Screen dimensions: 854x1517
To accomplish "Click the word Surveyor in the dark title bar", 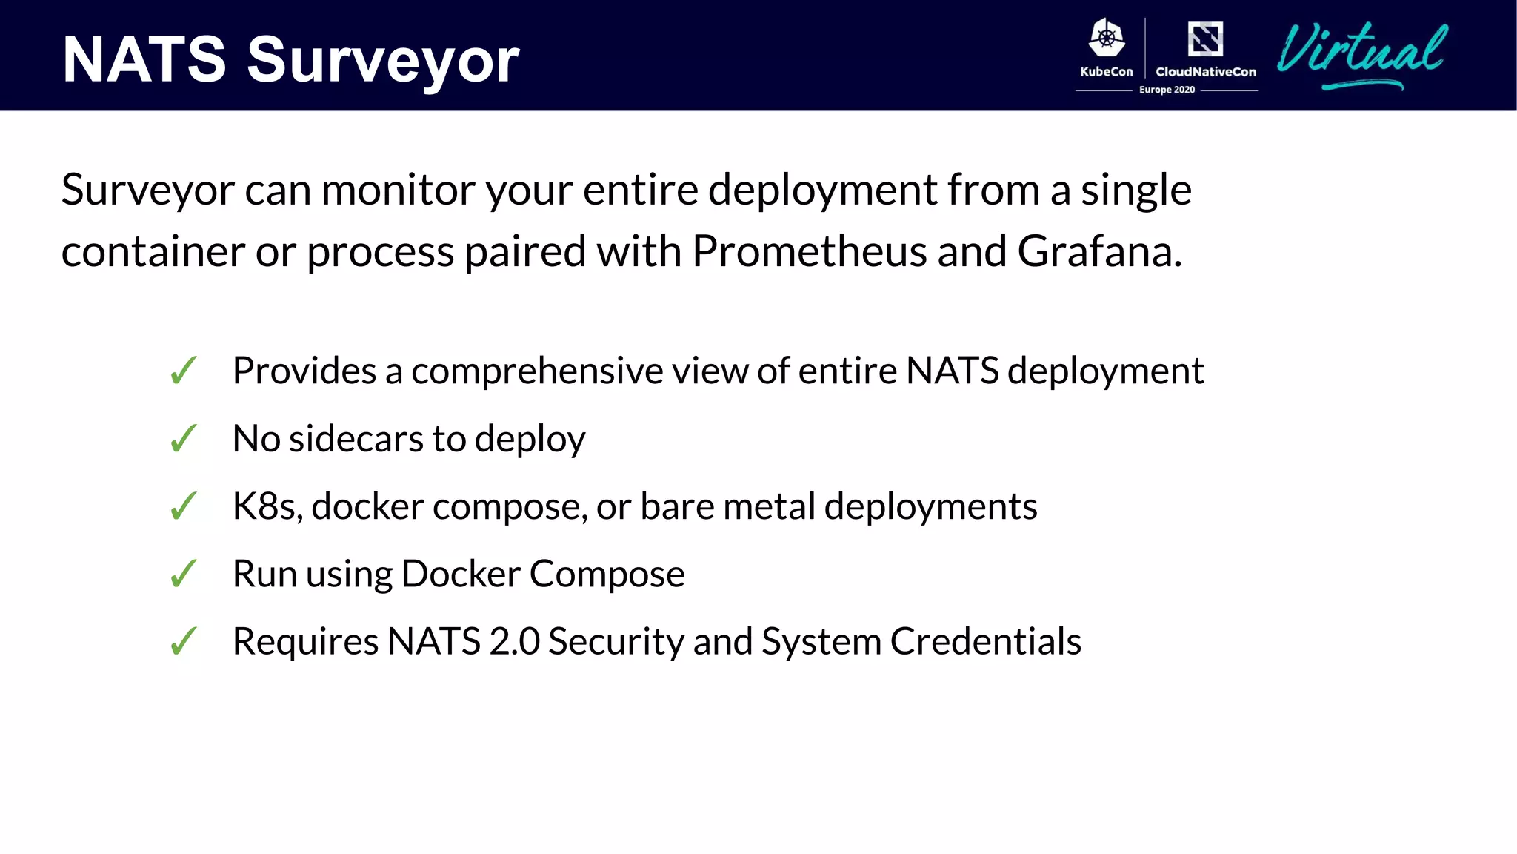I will [x=383, y=61].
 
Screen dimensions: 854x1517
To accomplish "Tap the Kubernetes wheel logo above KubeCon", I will [x=1107, y=39].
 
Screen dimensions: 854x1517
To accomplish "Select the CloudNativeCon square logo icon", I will [x=1205, y=39].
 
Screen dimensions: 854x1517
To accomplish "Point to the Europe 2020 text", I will [x=1167, y=90].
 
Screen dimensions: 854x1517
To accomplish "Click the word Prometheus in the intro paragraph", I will [x=809, y=251].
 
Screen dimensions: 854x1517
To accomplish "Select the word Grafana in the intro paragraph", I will [x=1099, y=251].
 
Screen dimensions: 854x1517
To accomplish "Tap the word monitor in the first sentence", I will [x=399, y=190].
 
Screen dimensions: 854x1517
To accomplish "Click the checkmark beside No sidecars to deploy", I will [x=184, y=438].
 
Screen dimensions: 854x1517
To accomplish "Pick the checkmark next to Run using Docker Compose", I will [x=184, y=574].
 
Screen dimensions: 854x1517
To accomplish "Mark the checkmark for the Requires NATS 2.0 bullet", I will [x=184, y=641].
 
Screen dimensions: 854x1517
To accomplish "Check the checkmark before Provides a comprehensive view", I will [x=184, y=371].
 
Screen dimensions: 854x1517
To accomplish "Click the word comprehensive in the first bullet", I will [x=537, y=371].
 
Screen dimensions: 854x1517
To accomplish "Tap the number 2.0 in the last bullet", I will [x=514, y=641].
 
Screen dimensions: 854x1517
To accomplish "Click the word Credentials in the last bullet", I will [x=985, y=641].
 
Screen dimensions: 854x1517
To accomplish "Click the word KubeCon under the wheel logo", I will [x=1107, y=72].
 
